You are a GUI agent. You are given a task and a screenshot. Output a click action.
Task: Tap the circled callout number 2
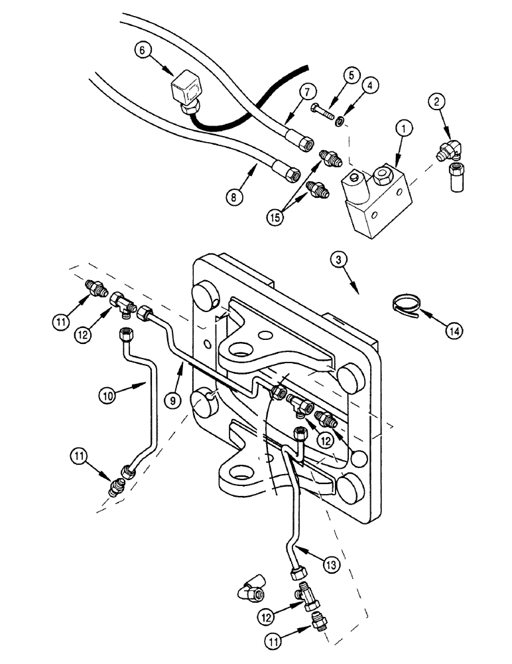tap(436, 102)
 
